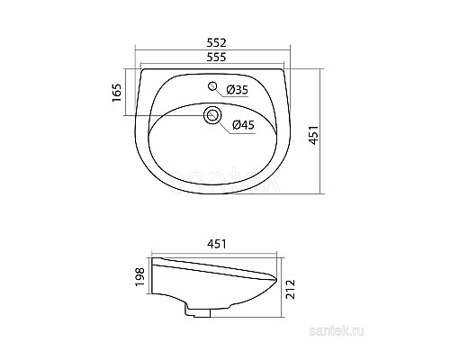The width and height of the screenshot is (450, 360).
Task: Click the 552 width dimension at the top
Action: point(213,42)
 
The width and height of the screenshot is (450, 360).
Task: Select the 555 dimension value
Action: point(213,57)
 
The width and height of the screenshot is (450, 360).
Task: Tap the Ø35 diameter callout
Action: point(237,89)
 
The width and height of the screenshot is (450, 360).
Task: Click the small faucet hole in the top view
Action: point(213,87)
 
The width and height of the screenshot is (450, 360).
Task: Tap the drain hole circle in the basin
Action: point(213,114)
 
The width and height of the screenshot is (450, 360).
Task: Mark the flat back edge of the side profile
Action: point(156,281)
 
